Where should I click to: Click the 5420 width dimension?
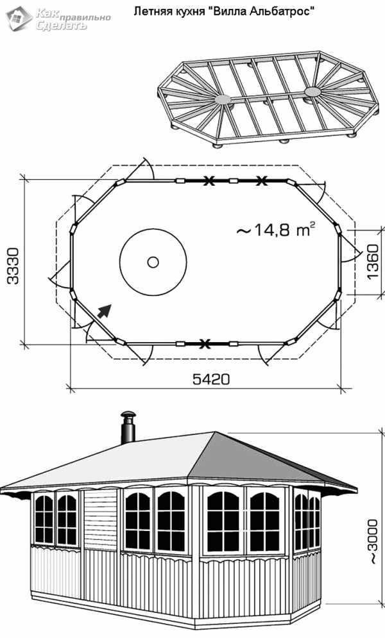coord(211,379)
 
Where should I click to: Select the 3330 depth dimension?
coord(13,265)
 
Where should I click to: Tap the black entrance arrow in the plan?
coord(105,311)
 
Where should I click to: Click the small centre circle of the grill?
coord(153,262)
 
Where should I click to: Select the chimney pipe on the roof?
coord(128,427)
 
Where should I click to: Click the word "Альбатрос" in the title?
coord(284,12)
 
